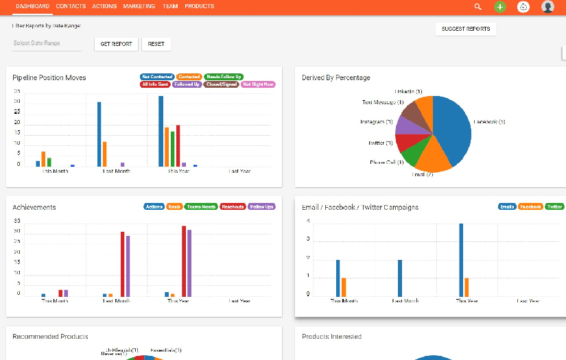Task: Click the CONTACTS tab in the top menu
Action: tap(71, 6)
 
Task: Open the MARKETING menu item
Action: tap(139, 6)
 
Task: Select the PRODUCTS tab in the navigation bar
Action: tap(199, 6)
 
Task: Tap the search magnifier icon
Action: tap(478, 7)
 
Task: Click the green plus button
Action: tap(500, 7)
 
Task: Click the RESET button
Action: tap(156, 44)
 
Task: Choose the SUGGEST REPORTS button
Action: tap(466, 29)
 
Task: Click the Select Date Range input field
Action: tap(47, 43)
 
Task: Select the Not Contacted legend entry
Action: tap(156, 77)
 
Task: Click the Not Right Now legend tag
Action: tap(258, 85)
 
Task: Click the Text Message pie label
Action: tap(380, 102)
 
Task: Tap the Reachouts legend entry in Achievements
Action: tap(232, 206)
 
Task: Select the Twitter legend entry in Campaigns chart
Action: tap(554, 206)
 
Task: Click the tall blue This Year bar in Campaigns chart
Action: tap(461, 260)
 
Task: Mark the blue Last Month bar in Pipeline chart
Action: tap(99, 134)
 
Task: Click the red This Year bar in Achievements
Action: tap(184, 261)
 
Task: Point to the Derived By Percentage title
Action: tap(335, 78)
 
